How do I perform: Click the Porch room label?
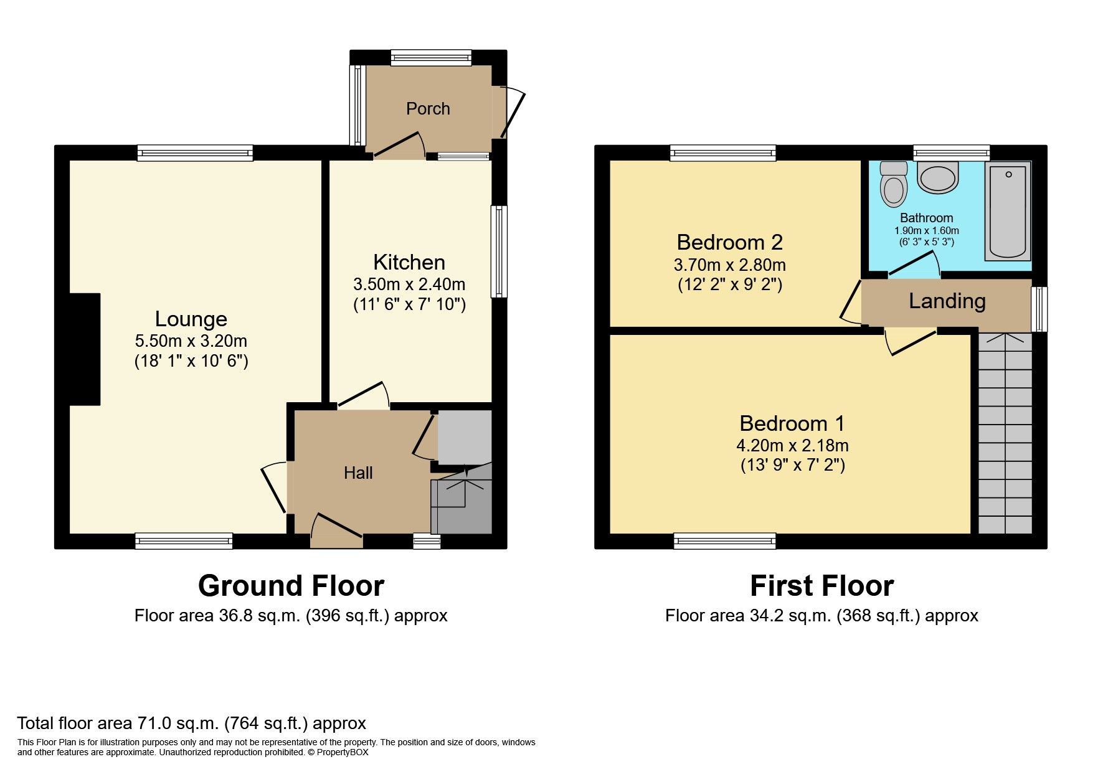point(427,109)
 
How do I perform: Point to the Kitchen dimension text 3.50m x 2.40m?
point(409,285)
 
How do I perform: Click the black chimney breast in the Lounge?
point(85,349)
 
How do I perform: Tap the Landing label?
point(947,301)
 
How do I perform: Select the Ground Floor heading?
point(291,586)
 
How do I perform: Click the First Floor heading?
point(821,586)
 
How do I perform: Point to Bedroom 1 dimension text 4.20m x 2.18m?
point(792,446)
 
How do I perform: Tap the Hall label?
point(358,473)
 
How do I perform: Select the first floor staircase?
point(1005,436)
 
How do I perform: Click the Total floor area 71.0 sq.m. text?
point(191,723)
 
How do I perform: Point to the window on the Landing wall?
point(1039,309)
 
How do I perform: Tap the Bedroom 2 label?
point(729,242)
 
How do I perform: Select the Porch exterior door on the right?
point(511,112)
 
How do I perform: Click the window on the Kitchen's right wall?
point(499,252)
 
